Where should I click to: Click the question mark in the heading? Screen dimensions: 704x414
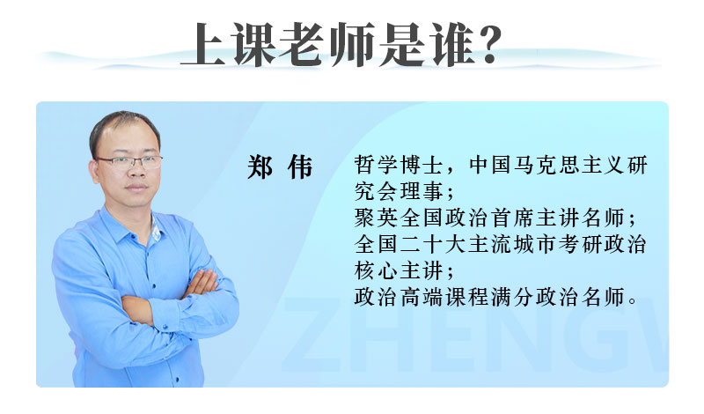coord(486,44)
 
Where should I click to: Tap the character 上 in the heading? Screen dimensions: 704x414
coord(203,44)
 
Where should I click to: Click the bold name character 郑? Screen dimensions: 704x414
coord(260,166)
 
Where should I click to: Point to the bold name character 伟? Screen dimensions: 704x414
coord(300,166)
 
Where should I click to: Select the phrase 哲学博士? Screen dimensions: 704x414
coord(399,165)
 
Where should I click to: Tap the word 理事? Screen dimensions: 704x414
coord(422,191)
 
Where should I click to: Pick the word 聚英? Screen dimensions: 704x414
coord(377,218)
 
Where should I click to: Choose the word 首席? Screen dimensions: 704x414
coord(512,218)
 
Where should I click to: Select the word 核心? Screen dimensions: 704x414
coord(377,271)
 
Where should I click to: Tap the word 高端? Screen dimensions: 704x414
coord(422,298)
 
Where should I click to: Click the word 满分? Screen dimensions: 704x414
coord(512,298)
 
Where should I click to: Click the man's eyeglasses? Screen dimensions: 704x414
coord(129,162)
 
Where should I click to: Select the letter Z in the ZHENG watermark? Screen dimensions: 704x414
coord(310,334)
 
